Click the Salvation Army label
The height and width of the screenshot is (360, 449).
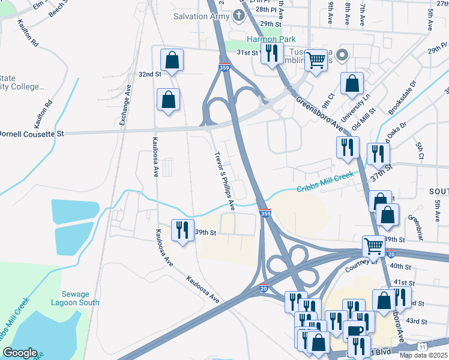click(x=201, y=16)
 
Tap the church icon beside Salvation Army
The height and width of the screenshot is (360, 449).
click(x=239, y=16)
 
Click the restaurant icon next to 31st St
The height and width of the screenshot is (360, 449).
click(x=273, y=53)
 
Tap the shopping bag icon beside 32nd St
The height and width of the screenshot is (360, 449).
click(x=172, y=60)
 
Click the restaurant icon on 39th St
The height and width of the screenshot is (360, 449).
click(x=182, y=230)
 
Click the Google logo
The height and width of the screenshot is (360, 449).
click(x=20, y=352)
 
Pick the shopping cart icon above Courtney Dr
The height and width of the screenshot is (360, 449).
click(x=373, y=245)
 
